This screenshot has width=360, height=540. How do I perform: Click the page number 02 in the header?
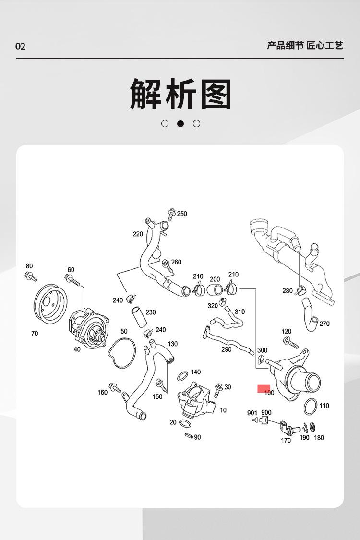tap(20, 47)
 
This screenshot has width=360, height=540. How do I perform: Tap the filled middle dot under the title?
tap(180, 124)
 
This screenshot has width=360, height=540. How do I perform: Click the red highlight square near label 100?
tap(264, 388)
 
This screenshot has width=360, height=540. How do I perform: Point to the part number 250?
tap(182, 214)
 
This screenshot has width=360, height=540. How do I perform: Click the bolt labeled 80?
tap(30, 276)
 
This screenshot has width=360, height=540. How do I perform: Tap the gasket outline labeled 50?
tap(121, 353)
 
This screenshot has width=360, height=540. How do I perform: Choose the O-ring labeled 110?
tap(311, 407)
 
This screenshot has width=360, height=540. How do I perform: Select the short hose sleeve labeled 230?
tap(139, 317)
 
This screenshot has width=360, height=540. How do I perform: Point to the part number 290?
tap(227, 349)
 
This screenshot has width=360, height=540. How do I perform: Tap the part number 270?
tap(324, 324)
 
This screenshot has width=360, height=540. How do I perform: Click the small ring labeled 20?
tap(184, 424)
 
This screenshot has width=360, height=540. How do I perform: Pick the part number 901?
tap(252, 413)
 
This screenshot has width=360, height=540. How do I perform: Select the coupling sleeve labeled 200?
tap(212, 289)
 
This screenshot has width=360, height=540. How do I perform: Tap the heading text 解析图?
tap(180, 94)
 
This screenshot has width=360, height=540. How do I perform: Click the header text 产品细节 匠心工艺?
tap(305, 46)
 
